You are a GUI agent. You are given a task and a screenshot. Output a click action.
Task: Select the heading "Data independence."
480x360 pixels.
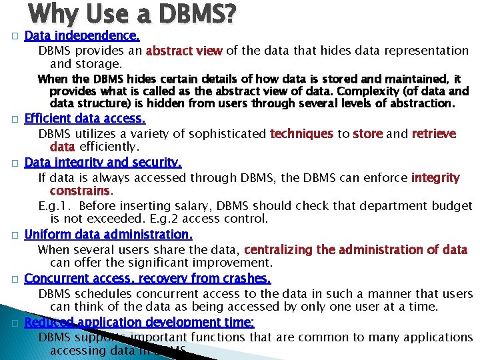pyautogui.click(x=82, y=36)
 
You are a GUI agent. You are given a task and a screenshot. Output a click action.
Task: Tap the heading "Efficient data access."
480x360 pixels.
pyautogui.click(x=85, y=119)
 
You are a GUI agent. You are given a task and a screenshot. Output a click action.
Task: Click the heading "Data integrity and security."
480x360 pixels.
pyautogui.click(x=103, y=163)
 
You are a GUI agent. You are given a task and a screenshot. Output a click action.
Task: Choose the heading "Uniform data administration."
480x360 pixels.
pyautogui.click(x=109, y=234)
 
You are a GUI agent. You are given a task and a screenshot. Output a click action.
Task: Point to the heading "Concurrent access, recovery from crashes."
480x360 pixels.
pyautogui.click(x=147, y=278)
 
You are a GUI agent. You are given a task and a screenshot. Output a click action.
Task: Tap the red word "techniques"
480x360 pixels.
pyautogui.click(x=301, y=134)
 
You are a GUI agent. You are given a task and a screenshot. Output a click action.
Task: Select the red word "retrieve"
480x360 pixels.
pyautogui.click(x=434, y=134)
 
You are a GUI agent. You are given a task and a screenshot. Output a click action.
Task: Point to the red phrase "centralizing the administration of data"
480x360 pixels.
pyautogui.click(x=356, y=250)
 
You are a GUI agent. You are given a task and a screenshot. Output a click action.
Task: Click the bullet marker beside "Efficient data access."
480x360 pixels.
pyautogui.click(x=13, y=119)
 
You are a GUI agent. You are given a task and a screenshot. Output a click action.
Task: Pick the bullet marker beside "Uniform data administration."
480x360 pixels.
pyautogui.click(x=13, y=235)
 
